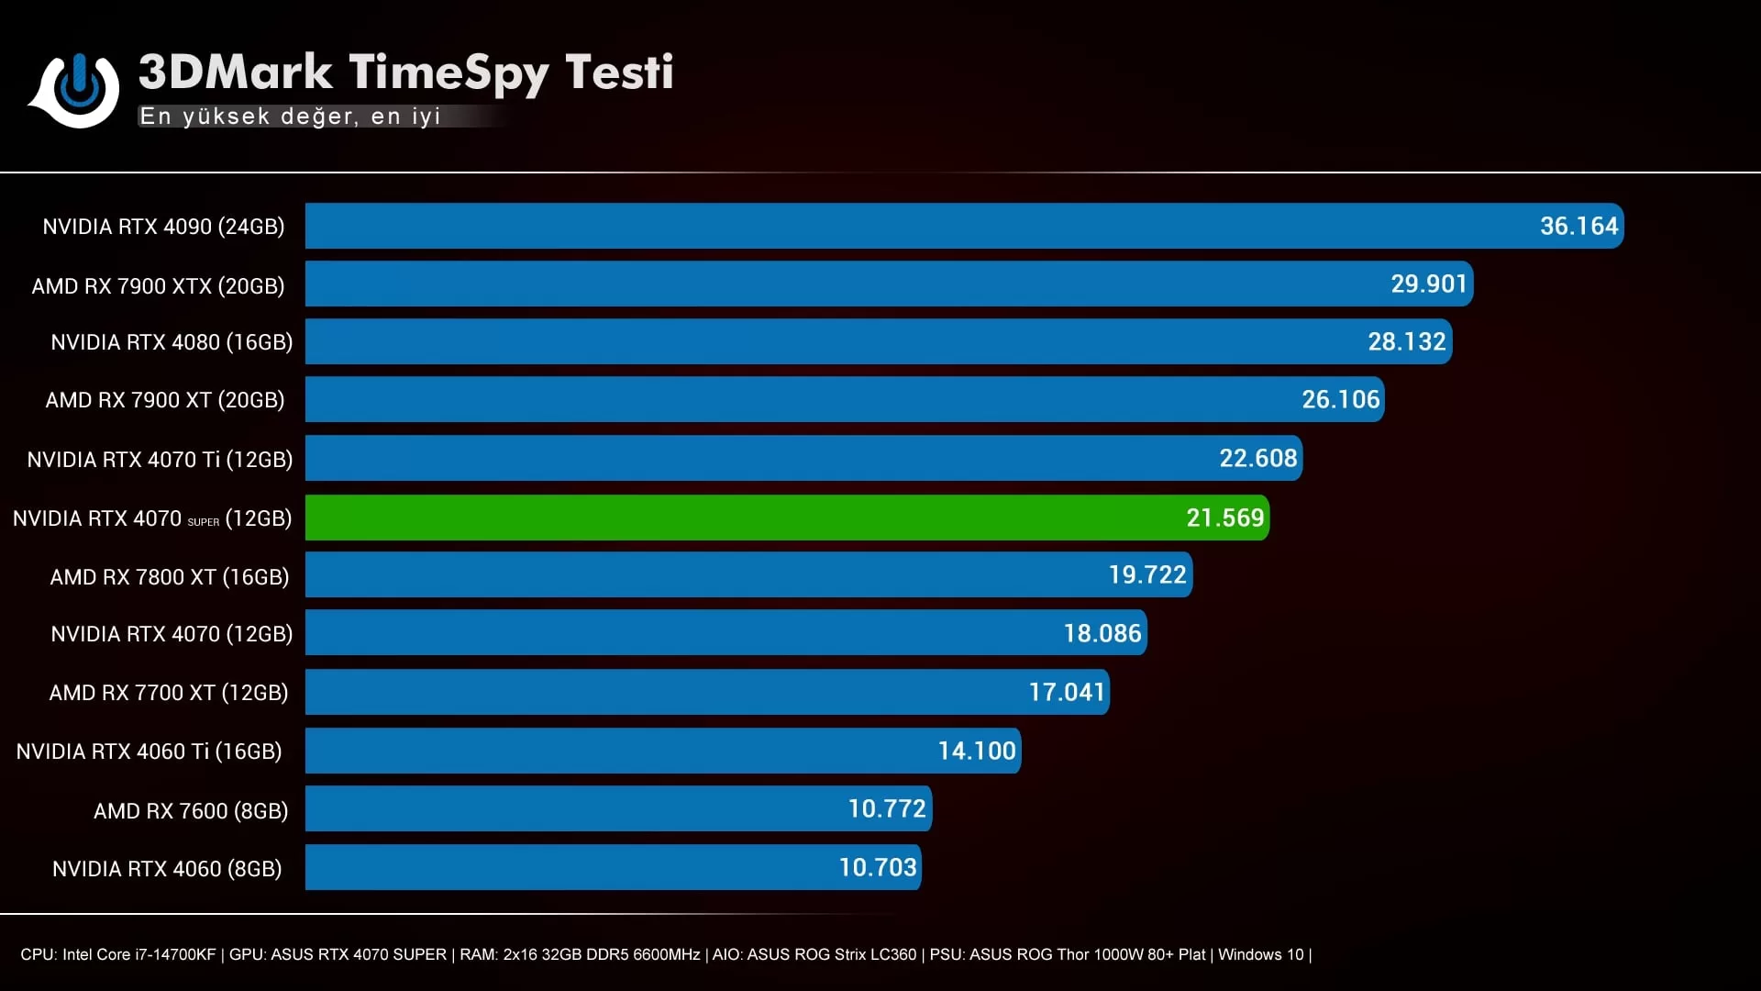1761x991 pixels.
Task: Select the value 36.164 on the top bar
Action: [x=1578, y=226]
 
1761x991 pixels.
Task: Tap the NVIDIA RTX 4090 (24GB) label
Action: [x=163, y=227]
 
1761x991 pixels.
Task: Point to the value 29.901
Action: [x=1429, y=284]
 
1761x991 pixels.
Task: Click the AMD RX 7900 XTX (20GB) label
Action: [x=158, y=286]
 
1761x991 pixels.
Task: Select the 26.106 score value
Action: [x=1340, y=399]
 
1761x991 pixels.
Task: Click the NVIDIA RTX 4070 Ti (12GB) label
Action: [x=160, y=460]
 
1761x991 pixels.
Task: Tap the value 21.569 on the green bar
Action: [x=1224, y=518]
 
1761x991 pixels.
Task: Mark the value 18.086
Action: [x=1102, y=633]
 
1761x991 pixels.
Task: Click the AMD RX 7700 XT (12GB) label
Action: [x=169, y=693]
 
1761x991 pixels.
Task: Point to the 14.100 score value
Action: [x=976, y=751]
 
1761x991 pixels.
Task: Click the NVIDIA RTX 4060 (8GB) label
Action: [x=167, y=869]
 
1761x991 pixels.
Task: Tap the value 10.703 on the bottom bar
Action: [x=877, y=867]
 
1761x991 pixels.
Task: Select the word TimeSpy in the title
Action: [x=448, y=73]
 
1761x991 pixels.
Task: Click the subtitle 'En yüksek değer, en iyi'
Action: [x=290, y=117]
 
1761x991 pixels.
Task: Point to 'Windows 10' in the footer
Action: [x=1260, y=954]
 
